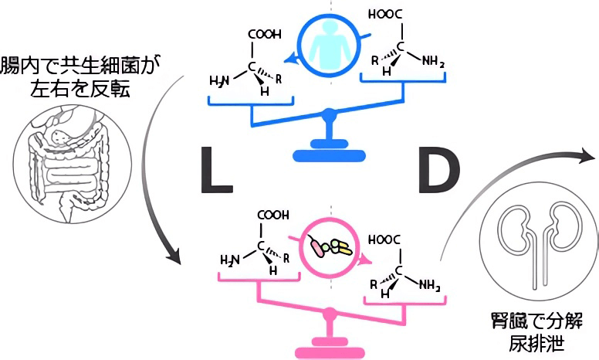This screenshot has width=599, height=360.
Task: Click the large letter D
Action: pos(438,170)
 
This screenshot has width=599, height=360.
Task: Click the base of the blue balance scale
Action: pos(330,154)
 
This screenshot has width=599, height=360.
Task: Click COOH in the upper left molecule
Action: pos(264,34)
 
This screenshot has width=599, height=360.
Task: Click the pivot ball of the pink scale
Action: pos(330,314)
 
